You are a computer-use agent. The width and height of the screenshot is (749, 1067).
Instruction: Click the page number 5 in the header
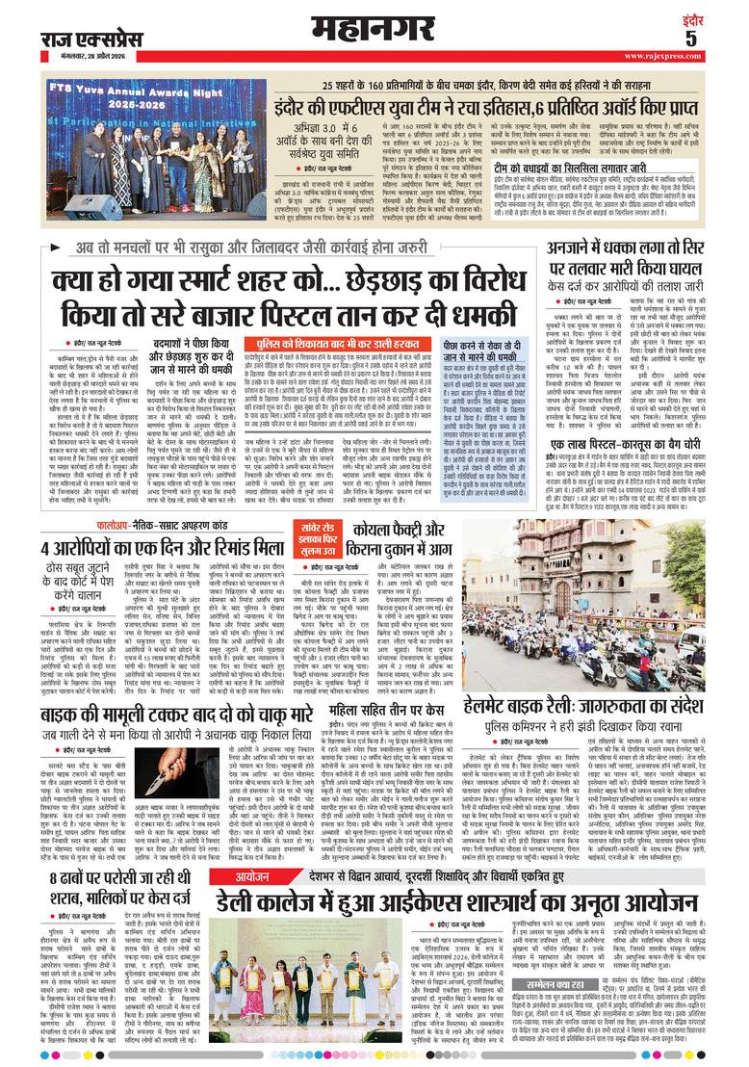click(x=717, y=38)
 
